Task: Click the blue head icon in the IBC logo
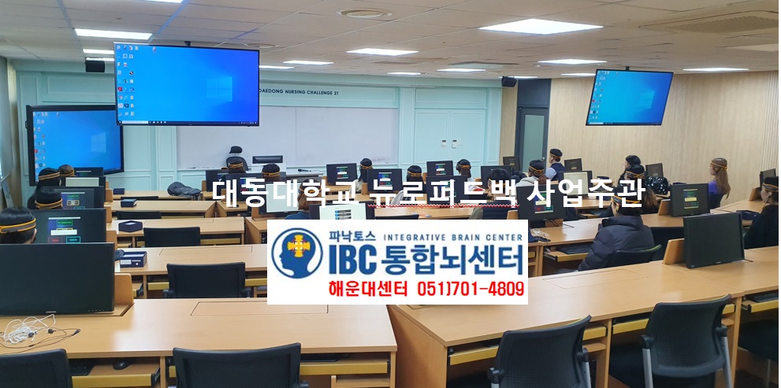click(296, 253)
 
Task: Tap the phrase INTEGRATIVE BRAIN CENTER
click(452, 235)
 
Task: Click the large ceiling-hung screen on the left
click(187, 83)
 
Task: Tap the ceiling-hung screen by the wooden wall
click(629, 97)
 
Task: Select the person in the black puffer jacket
click(616, 235)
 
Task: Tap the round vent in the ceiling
click(365, 13)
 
